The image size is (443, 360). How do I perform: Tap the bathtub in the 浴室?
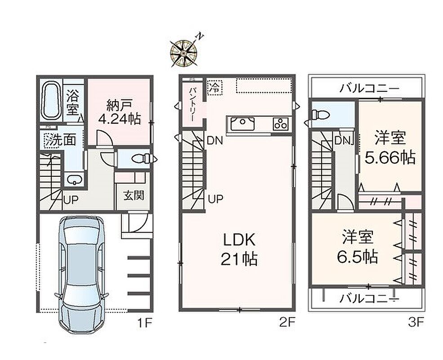(51, 101)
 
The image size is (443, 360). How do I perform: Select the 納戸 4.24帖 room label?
(119, 112)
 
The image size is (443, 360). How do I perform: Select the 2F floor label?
(287, 322)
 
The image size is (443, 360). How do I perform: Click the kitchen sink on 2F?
(242, 123)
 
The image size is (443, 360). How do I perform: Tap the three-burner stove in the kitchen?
(281, 124)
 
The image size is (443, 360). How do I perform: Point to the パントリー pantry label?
(192, 104)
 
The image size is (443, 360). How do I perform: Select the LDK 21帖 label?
(239, 249)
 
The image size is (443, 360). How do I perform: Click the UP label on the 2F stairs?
(215, 199)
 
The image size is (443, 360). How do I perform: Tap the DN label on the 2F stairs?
(215, 140)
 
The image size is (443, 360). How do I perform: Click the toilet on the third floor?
(320, 115)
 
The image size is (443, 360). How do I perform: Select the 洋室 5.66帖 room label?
(390, 148)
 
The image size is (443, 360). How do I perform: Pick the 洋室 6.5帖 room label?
(358, 247)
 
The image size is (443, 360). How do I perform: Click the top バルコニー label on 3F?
(370, 89)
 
